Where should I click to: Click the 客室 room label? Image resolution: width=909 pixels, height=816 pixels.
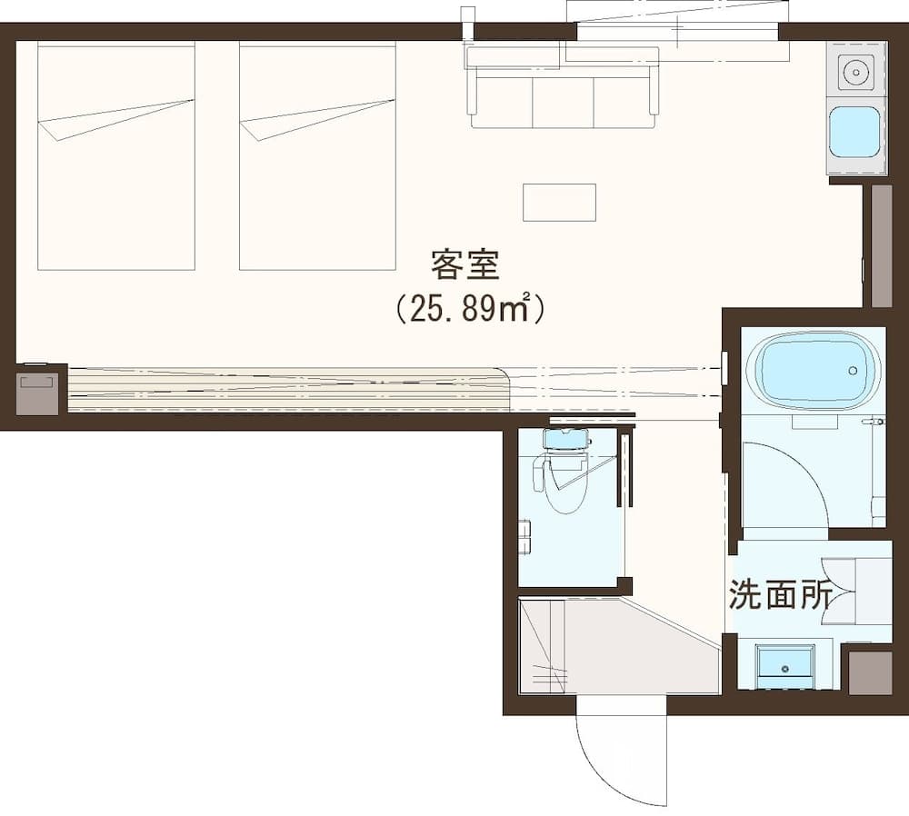[465, 266]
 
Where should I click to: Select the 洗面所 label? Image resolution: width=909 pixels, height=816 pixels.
[780, 595]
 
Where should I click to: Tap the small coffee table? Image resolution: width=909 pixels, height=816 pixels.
[559, 202]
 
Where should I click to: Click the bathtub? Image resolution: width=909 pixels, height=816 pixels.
[813, 370]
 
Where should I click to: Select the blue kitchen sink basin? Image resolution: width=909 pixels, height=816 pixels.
[854, 132]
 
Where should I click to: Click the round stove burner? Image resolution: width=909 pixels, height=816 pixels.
[854, 69]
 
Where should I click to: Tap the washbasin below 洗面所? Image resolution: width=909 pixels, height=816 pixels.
[785, 662]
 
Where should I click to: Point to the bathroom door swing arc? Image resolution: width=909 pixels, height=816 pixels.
[784, 482]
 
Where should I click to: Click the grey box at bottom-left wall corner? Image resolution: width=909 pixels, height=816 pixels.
[37, 393]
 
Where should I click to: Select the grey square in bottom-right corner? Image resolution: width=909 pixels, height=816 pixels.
[870, 672]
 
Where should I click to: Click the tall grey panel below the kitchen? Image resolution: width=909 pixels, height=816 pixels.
[881, 245]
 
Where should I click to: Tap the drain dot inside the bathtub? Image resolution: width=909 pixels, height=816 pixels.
[853, 371]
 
